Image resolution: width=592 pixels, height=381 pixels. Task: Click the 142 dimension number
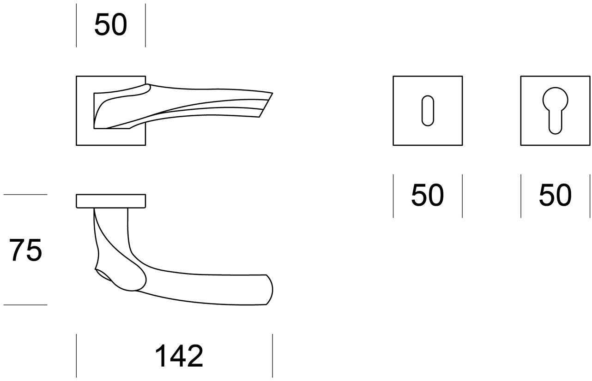(179, 356)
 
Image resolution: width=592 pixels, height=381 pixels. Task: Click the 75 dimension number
(25, 250)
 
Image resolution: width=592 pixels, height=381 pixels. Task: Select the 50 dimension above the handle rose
(110, 25)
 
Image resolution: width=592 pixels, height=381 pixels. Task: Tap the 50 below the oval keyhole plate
(427, 195)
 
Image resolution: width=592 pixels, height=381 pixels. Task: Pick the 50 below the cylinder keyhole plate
(555, 195)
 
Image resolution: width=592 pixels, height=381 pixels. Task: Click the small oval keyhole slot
(427, 111)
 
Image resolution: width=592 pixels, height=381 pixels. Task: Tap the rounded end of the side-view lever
(268, 290)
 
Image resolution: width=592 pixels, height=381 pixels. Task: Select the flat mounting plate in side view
(111, 201)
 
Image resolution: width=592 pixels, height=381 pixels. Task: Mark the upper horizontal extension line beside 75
(25, 195)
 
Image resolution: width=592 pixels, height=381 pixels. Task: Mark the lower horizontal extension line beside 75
(25, 305)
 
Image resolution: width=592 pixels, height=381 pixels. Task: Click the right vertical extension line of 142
(272, 355)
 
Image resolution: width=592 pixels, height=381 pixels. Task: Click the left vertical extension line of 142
(76, 355)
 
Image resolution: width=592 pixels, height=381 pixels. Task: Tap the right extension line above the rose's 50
(145, 25)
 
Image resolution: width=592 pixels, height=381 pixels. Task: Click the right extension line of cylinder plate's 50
(590, 196)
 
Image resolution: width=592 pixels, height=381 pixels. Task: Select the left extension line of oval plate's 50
(393, 196)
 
